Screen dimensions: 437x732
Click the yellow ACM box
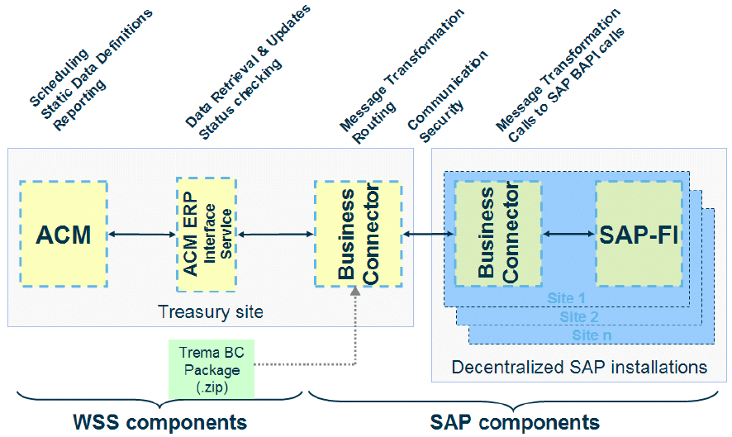64,235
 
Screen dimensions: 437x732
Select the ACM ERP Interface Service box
206,235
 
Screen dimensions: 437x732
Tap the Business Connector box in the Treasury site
357,235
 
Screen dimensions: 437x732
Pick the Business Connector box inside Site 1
498,235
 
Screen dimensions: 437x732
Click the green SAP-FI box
639,235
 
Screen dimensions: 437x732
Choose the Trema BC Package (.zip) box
211,368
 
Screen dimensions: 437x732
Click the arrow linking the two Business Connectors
427,235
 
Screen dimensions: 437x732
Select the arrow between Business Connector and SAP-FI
568,235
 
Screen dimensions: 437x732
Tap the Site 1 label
566,297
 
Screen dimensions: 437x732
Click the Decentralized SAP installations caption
579,367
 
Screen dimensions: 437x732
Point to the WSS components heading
157,422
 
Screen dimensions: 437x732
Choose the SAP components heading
515,422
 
